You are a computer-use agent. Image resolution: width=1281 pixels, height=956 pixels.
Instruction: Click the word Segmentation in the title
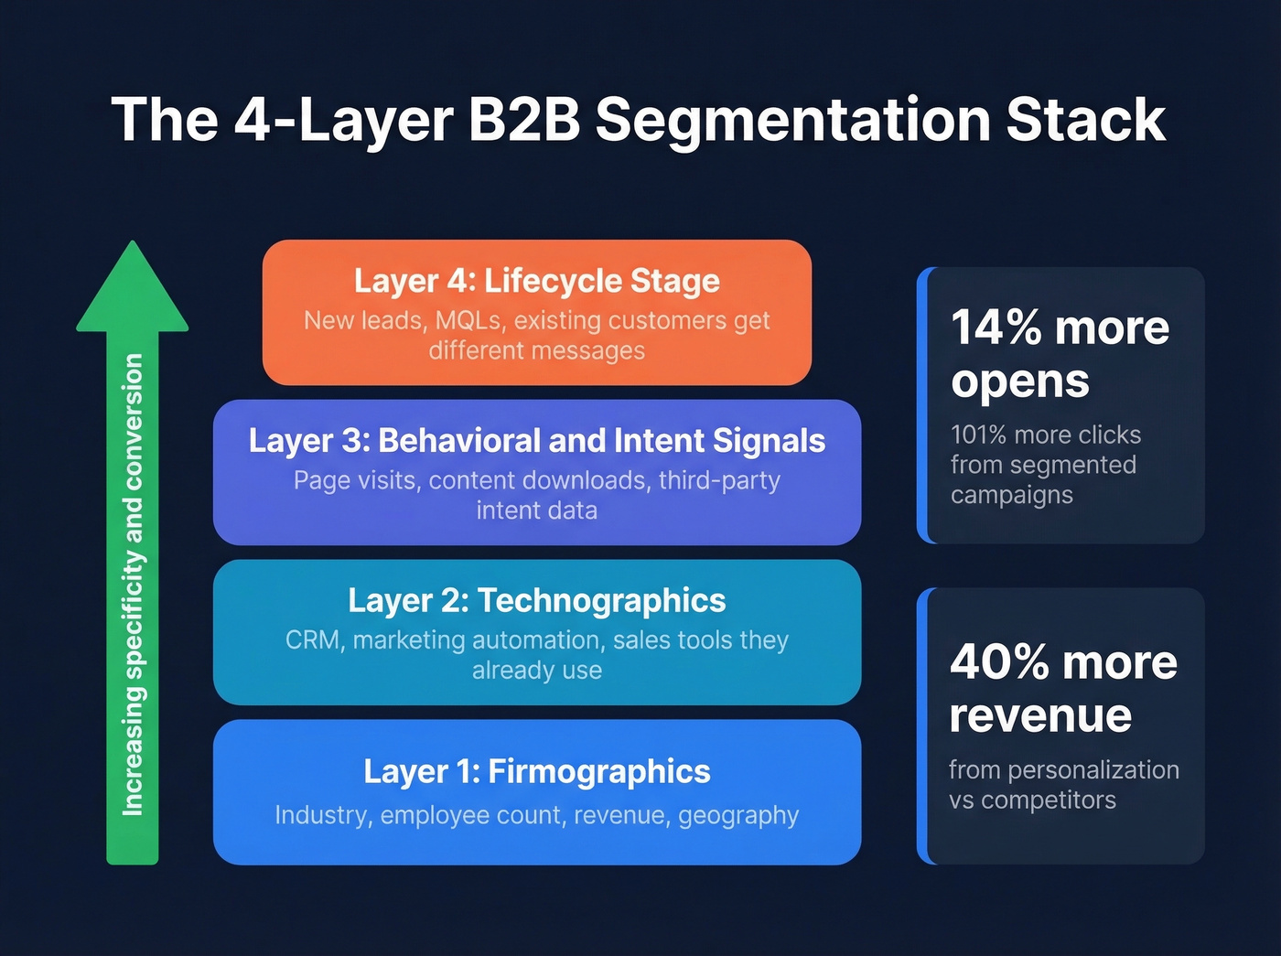pos(792,120)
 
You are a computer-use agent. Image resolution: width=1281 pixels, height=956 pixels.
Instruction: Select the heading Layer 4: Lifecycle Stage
pos(537,281)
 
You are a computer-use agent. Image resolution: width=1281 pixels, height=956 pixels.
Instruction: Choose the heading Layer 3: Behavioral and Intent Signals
pos(537,441)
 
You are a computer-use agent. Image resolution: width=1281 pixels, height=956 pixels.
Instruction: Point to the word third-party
pos(719,480)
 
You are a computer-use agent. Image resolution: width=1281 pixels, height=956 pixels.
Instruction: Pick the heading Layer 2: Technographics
pos(537,601)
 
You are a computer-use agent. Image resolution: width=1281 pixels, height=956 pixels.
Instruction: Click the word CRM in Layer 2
pos(313,640)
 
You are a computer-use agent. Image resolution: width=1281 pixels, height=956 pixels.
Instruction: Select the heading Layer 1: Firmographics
pos(537,771)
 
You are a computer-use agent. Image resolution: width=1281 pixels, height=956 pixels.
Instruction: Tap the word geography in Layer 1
pos(738,815)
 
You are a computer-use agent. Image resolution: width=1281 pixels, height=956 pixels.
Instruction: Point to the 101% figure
pos(983,435)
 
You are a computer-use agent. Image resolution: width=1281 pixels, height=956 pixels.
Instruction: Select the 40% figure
pos(998,661)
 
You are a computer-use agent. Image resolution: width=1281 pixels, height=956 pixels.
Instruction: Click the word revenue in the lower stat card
pos(1040,715)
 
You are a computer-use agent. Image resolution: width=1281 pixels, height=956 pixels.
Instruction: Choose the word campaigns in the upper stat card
pos(1011,495)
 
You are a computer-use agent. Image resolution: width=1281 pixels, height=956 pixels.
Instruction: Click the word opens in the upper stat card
pos(1020,381)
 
